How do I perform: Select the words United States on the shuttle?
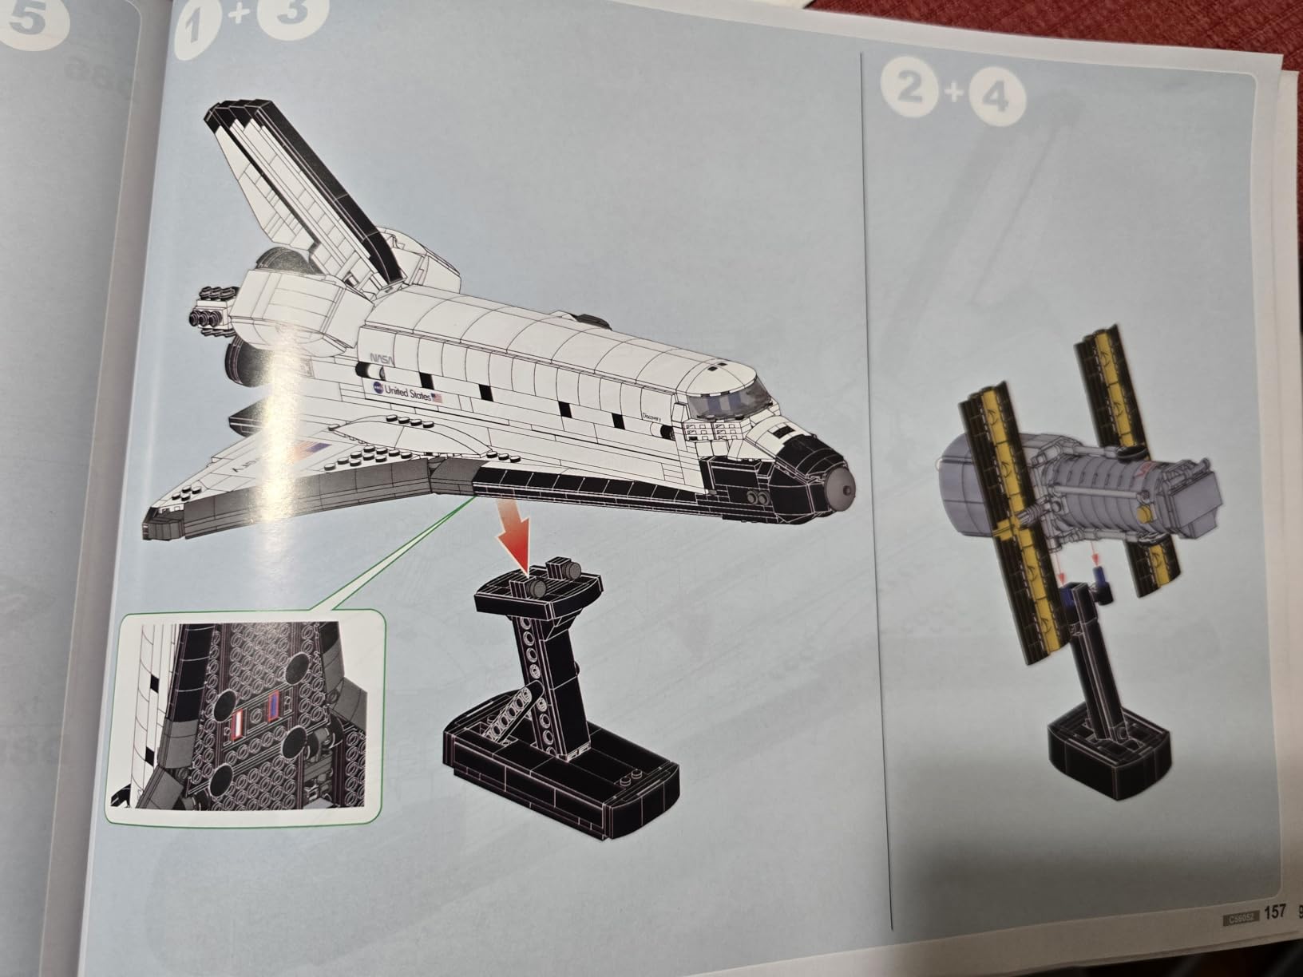[407, 392]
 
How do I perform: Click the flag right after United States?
[436, 397]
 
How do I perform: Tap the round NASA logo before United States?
[376, 387]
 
